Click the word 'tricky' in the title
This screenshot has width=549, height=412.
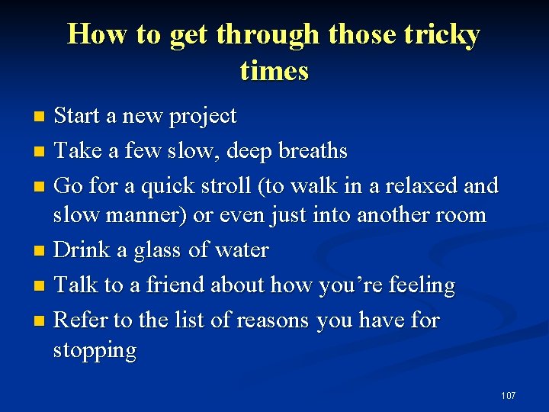coord(439,35)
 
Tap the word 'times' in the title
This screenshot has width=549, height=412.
coord(274,70)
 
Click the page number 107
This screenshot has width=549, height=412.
coord(508,395)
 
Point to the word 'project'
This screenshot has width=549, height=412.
coord(202,117)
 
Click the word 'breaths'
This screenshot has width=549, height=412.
coord(313,151)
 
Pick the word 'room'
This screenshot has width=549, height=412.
coord(459,215)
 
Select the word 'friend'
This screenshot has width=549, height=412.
coord(170,285)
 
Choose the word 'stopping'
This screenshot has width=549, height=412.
coord(95,352)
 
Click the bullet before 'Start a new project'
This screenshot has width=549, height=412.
coord(41,117)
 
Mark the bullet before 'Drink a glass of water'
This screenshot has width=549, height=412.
coord(41,251)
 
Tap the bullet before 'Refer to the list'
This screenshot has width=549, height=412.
coord(41,320)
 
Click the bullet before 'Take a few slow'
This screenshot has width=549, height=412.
coord(41,152)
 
